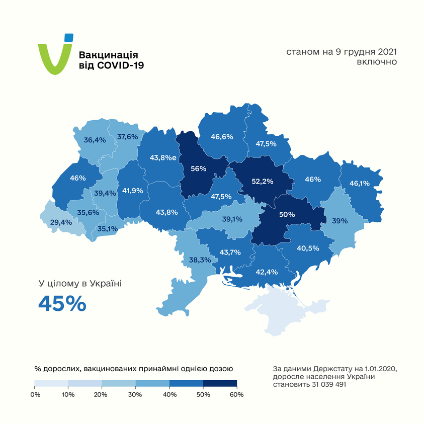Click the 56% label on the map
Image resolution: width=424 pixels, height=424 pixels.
point(198,168)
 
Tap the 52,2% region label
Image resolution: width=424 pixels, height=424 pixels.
point(262,182)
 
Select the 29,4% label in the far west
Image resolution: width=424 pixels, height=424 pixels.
point(61,222)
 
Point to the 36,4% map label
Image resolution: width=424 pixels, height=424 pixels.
point(95,140)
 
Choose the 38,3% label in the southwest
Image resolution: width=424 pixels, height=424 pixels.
point(200,260)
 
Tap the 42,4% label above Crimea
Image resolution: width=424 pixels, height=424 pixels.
point(267,272)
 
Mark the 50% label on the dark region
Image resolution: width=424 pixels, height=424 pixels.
point(287,214)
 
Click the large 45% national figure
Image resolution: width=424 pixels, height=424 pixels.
point(62,303)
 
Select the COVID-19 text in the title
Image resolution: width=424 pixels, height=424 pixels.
point(119,66)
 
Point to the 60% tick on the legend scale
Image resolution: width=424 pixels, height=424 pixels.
point(236,395)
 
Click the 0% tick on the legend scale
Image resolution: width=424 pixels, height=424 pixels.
point(35,395)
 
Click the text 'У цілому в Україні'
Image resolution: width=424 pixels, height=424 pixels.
point(80,284)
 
